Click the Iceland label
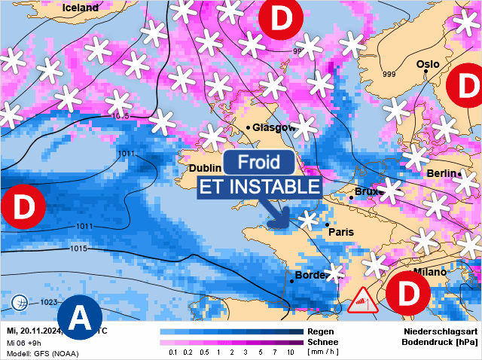(81, 8)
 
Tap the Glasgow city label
(273, 127)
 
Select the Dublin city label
(205, 168)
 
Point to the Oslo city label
(427, 65)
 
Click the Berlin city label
(441, 174)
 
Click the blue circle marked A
(78, 319)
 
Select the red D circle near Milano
(407, 294)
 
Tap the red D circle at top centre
(280, 20)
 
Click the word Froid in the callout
(259, 162)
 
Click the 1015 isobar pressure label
(78, 249)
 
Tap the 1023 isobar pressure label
(49, 303)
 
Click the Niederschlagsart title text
(440, 331)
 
